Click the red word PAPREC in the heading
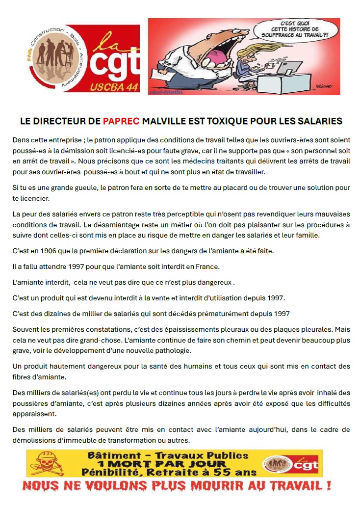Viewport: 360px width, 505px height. click(121, 121)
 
